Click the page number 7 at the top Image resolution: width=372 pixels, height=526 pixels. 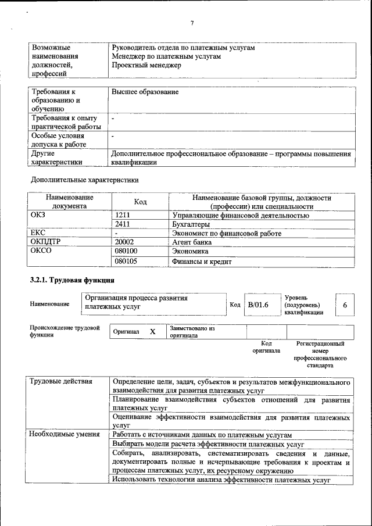pos(191,23)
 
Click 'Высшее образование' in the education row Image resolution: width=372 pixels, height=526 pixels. pos(145,92)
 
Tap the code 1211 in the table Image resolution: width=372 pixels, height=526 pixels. pos(123,216)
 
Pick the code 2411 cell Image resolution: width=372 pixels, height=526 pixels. pos(123,224)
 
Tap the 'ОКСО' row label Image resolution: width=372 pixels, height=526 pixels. pos(41,252)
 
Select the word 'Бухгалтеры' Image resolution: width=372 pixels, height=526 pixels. pos(191,224)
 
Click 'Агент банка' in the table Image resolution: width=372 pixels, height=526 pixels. pos(192,242)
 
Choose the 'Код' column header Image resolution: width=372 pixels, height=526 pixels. pos(140,202)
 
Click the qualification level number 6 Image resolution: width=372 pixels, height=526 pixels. pos(345,305)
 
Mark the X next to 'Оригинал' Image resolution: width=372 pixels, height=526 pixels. pos(153,331)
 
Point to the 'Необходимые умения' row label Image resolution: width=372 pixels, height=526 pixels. pos(65,434)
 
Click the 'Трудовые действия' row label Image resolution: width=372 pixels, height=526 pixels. pos(61,382)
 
